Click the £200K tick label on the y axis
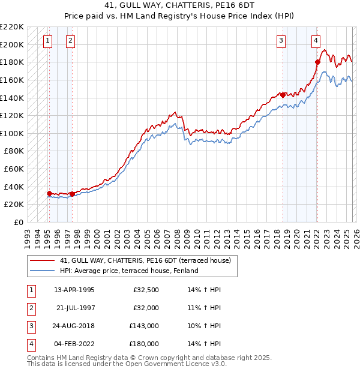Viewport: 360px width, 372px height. point(12,44)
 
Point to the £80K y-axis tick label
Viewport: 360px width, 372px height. point(14,151)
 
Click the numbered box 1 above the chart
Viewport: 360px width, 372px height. point(47,41)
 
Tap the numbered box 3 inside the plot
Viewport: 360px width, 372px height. point(281,41)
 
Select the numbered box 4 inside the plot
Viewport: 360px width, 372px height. point(316,41)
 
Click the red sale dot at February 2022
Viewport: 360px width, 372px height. point(317,62)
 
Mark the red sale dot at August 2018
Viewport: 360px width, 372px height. point(283,95)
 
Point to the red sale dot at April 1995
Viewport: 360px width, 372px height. point(49,193)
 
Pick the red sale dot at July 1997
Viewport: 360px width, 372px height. point(72,194)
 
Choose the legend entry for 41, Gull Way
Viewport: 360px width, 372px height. point(149,260)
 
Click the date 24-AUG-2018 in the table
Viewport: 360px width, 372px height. point(74,326)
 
